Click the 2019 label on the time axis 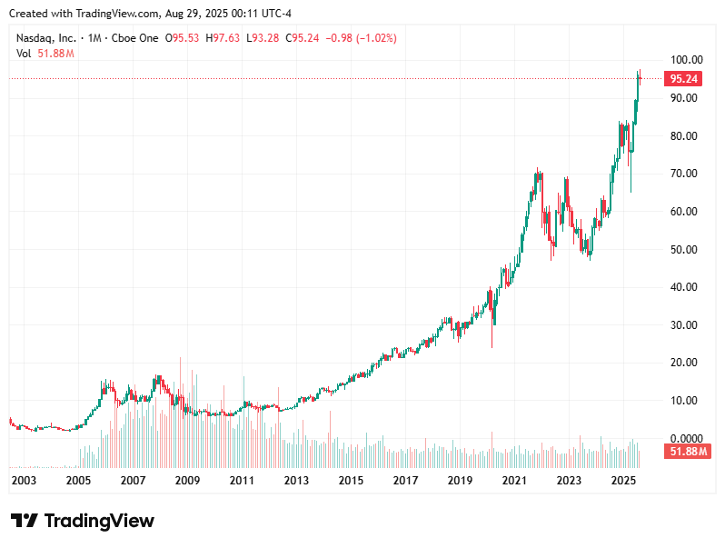tap(460, 480)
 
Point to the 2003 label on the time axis tap(24, 480)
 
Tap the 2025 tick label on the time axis tap(622, 480)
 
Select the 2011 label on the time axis tap(242, 480)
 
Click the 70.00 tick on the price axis tap(683, 174)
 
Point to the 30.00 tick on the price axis tap(683, 325)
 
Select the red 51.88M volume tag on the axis tap(685, 452)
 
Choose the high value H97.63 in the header tap(224, 38)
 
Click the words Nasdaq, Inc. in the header tap(45, 38)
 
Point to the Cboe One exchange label tap(134, 38)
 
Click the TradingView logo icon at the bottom tap(25, 521)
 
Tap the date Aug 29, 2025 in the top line tap(193, 14)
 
